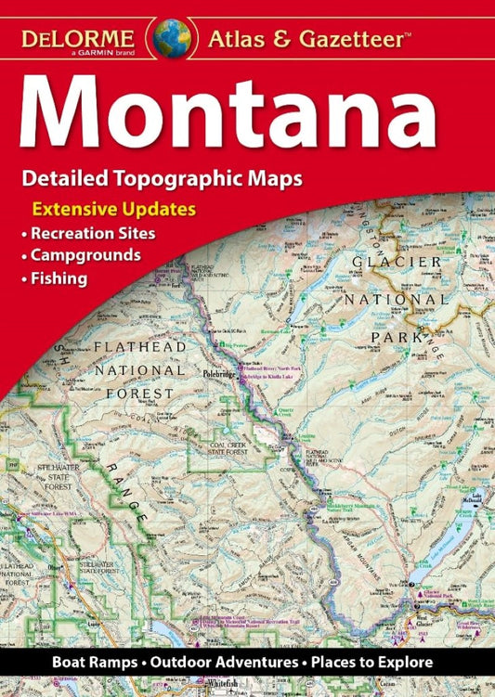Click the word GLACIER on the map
(397, 263)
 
